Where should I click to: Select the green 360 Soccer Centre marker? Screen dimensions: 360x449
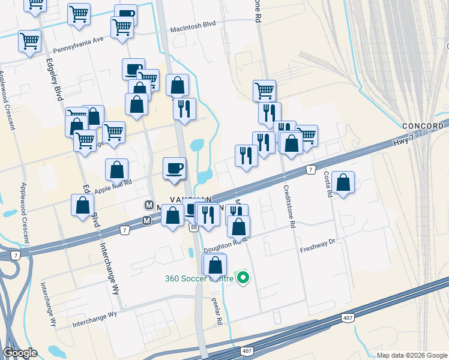(x=243, y=278)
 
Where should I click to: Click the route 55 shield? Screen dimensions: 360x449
(x=193, y=227)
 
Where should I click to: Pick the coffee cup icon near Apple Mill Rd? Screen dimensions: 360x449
(x=175, y=167)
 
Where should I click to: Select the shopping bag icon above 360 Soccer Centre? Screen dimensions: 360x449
(x=215, y=264)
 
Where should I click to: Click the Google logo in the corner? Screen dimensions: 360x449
(x=20, y=353)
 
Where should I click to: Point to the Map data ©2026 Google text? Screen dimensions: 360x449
(x=412, y=355)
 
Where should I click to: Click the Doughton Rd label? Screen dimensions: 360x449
(x=221, y=246)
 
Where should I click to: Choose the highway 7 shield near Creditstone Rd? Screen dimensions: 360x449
(x=310, y=170)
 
